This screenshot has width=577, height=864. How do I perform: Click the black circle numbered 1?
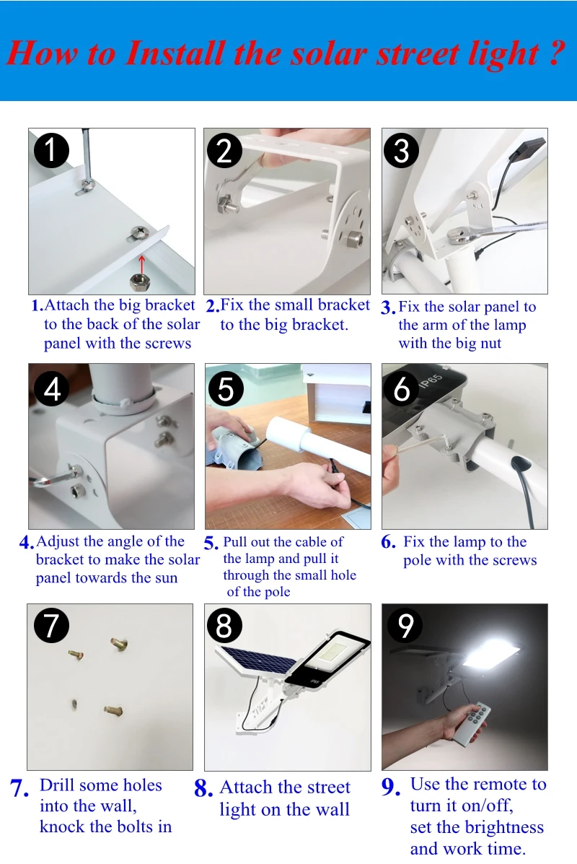click(x=51, y=150)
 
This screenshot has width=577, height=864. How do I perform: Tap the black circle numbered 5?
click(x=226, y=389)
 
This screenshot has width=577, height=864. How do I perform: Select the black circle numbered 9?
click(x=405, y=625)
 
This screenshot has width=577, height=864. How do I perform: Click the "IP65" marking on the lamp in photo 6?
click(x=431, y=381)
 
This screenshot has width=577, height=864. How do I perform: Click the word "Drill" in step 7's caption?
click(x=59, y=785)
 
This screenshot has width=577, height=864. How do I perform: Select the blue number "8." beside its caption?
click(x=203, y=788)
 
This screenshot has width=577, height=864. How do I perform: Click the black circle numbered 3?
click(x=401, y=150)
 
